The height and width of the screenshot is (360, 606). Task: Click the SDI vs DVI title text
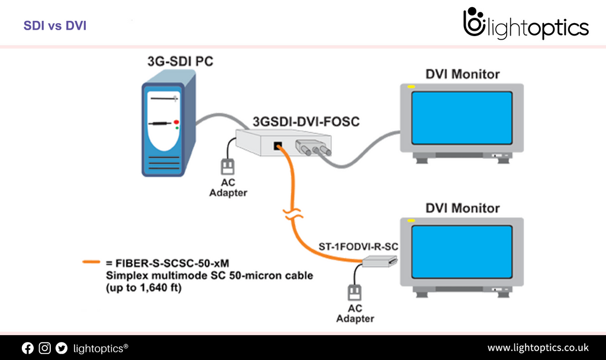point(55,26)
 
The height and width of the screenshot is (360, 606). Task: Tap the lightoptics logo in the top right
point(526,25)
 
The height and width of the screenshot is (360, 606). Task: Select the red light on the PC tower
point(176,122)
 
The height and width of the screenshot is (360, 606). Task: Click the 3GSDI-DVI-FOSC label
point(306,121)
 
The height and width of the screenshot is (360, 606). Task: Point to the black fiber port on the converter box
point(276,146)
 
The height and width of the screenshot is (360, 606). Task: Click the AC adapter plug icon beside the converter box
point(228,166)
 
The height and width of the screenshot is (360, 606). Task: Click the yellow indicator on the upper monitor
point(411,88)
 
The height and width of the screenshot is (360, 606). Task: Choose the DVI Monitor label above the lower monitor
point(462,208)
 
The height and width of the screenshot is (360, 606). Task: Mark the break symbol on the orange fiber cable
point(290,214)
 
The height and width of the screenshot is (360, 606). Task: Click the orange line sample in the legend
point(91,261)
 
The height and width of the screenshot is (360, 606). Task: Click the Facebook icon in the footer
point(28,348)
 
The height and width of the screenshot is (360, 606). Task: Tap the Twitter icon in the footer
point(62,348)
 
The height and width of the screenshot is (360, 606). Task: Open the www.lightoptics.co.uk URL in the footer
point(537,348)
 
